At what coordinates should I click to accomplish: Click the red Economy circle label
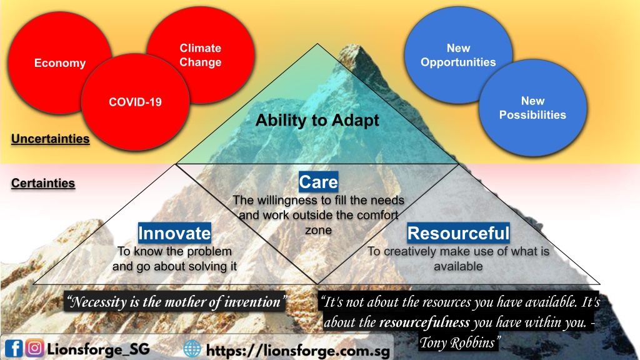pos(60,63)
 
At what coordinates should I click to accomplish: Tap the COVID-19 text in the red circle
pos(135,102)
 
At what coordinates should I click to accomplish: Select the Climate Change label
pos(201,55)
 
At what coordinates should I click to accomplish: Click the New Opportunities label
pos(458,55)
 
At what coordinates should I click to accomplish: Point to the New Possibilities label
pos(532,107)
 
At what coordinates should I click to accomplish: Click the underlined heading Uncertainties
pos(50,139)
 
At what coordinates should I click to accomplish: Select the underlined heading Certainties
pos(43,183)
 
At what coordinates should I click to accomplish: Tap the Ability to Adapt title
pos(317,121)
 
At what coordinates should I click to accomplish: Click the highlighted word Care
pos(318,182)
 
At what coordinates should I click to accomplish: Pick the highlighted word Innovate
pos(174,233)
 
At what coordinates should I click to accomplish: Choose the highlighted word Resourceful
pos(458,233)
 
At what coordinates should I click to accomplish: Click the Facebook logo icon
pos(14,349)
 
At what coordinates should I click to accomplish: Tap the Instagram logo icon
pos(35,348)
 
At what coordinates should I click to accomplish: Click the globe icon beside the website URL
pos(192,349)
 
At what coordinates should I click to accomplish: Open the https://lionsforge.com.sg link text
pos(298,350)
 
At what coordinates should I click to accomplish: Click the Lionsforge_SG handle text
pos(98,349)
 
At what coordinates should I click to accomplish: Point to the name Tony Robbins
pos(457,342)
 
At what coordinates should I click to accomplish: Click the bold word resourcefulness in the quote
pos(424,322)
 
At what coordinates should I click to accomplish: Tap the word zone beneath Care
pos(318,230)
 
